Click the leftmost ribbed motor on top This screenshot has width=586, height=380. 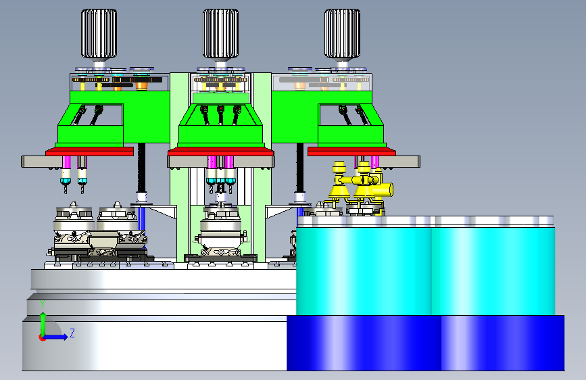[99, 34]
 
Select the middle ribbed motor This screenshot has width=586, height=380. [220, 34]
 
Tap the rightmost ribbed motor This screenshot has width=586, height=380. [342, 34]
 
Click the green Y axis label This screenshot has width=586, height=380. [43, 304]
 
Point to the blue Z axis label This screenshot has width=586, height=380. [72, 333]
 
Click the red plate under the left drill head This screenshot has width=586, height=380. [89, 151]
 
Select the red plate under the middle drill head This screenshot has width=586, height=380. [221, 151]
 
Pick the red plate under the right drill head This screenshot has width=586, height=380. [351, 151]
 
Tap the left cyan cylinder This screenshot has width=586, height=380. [364, 271]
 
